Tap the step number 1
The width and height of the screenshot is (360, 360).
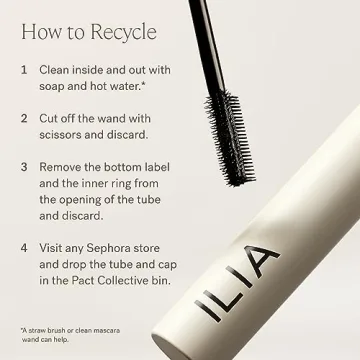23,72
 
